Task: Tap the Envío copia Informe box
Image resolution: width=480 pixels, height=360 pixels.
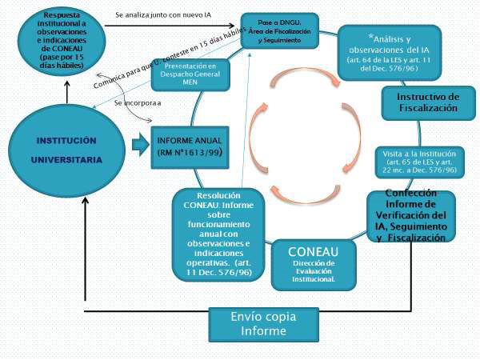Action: coord(257,322)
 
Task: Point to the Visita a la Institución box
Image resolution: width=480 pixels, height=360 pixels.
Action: coord(420,160)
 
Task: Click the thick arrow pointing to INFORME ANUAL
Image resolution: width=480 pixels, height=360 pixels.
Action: coord(140,145)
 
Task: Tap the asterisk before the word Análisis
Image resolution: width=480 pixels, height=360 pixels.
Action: coord(371,37)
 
